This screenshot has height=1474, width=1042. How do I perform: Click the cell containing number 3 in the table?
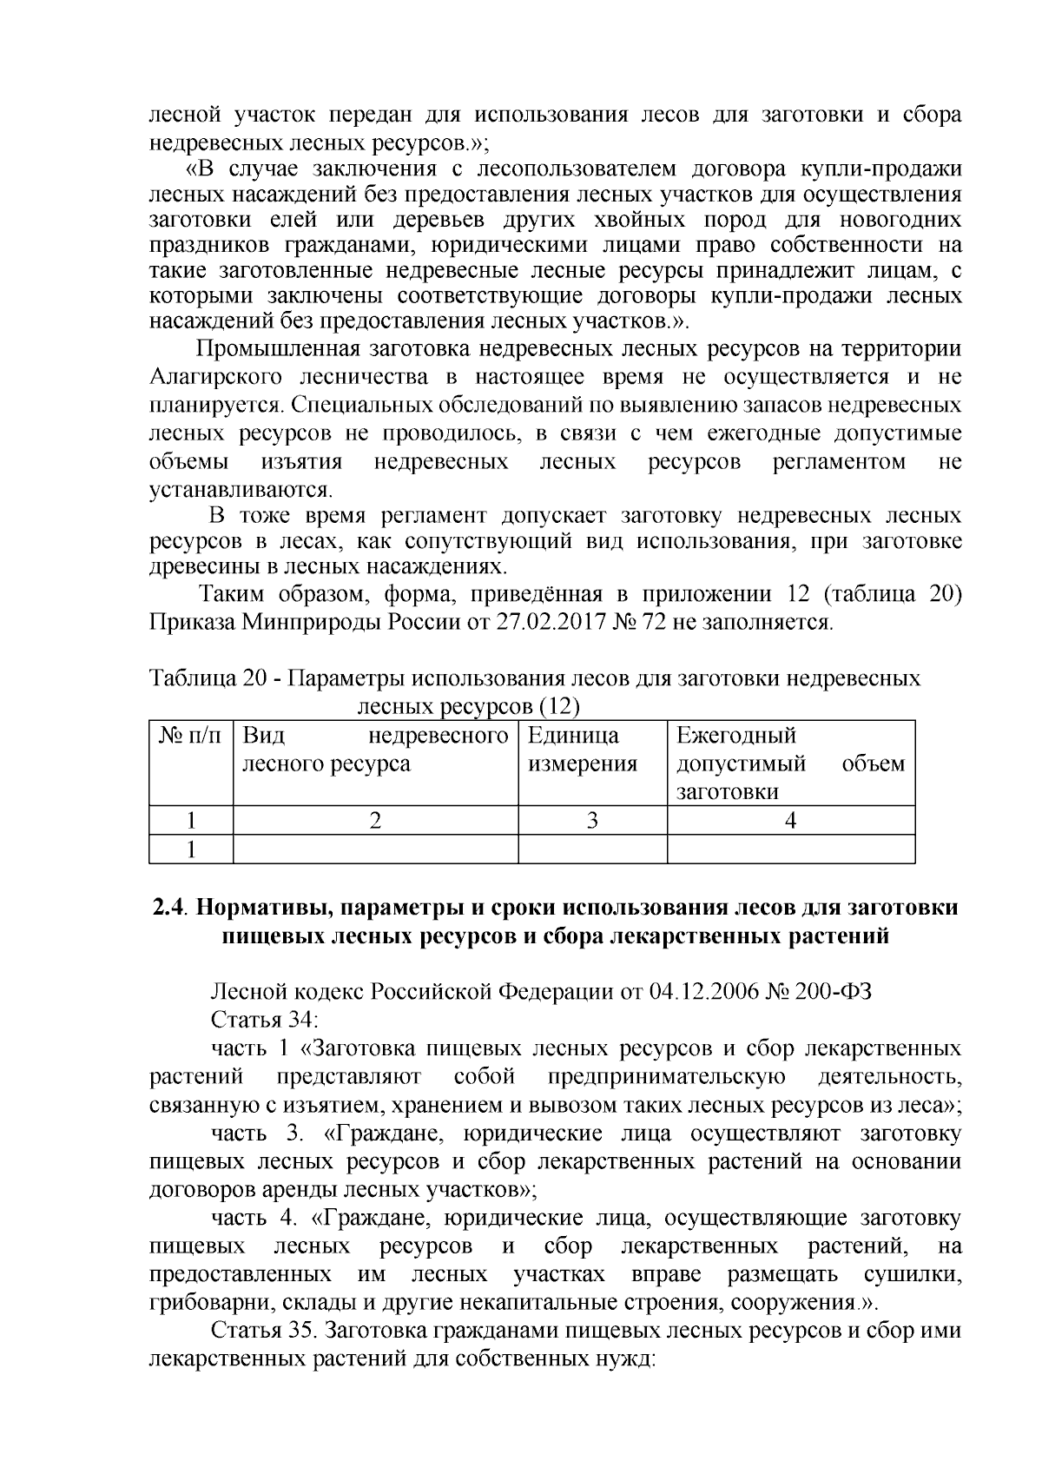592,820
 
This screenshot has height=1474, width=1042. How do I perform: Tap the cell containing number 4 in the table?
790,820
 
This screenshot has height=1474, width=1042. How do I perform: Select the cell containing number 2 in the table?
375,820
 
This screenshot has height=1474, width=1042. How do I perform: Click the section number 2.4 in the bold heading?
168,908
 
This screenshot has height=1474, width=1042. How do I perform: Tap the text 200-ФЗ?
830,991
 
